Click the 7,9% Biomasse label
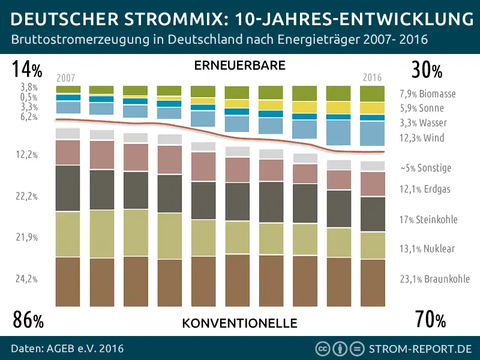tap(427, 94)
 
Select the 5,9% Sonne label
tap(422, 109)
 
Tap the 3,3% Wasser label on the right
tap(423, 123)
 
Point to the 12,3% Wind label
tap(422, 138)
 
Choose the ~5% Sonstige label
tap(425, 168)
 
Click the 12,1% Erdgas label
tap(425, 189)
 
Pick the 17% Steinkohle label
tap(428, 220)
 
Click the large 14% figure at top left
tap(27, 71)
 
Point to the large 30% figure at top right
tap(427, 71)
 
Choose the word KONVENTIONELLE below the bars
tap(239, 323)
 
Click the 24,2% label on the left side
tap(28, 279)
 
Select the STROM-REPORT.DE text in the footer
tap(420, 348)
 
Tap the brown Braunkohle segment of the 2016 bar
tap(372, 282)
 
